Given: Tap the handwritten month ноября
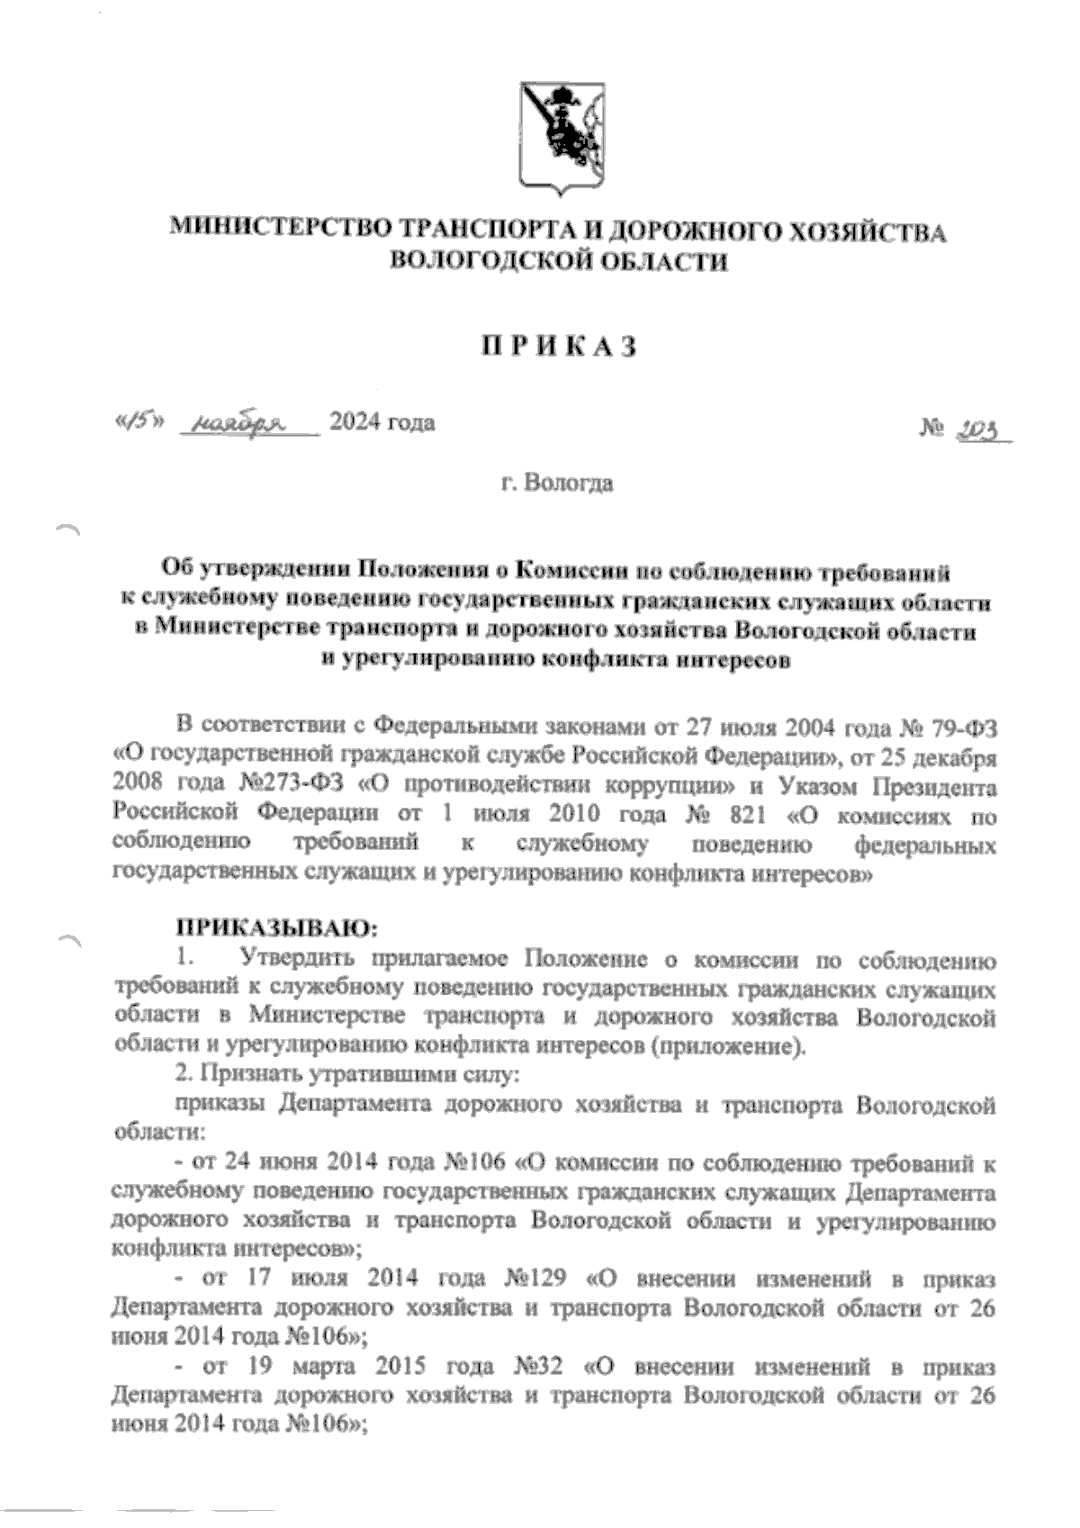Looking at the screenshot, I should point(239,422).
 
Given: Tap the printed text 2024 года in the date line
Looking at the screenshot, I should point(382,421).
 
